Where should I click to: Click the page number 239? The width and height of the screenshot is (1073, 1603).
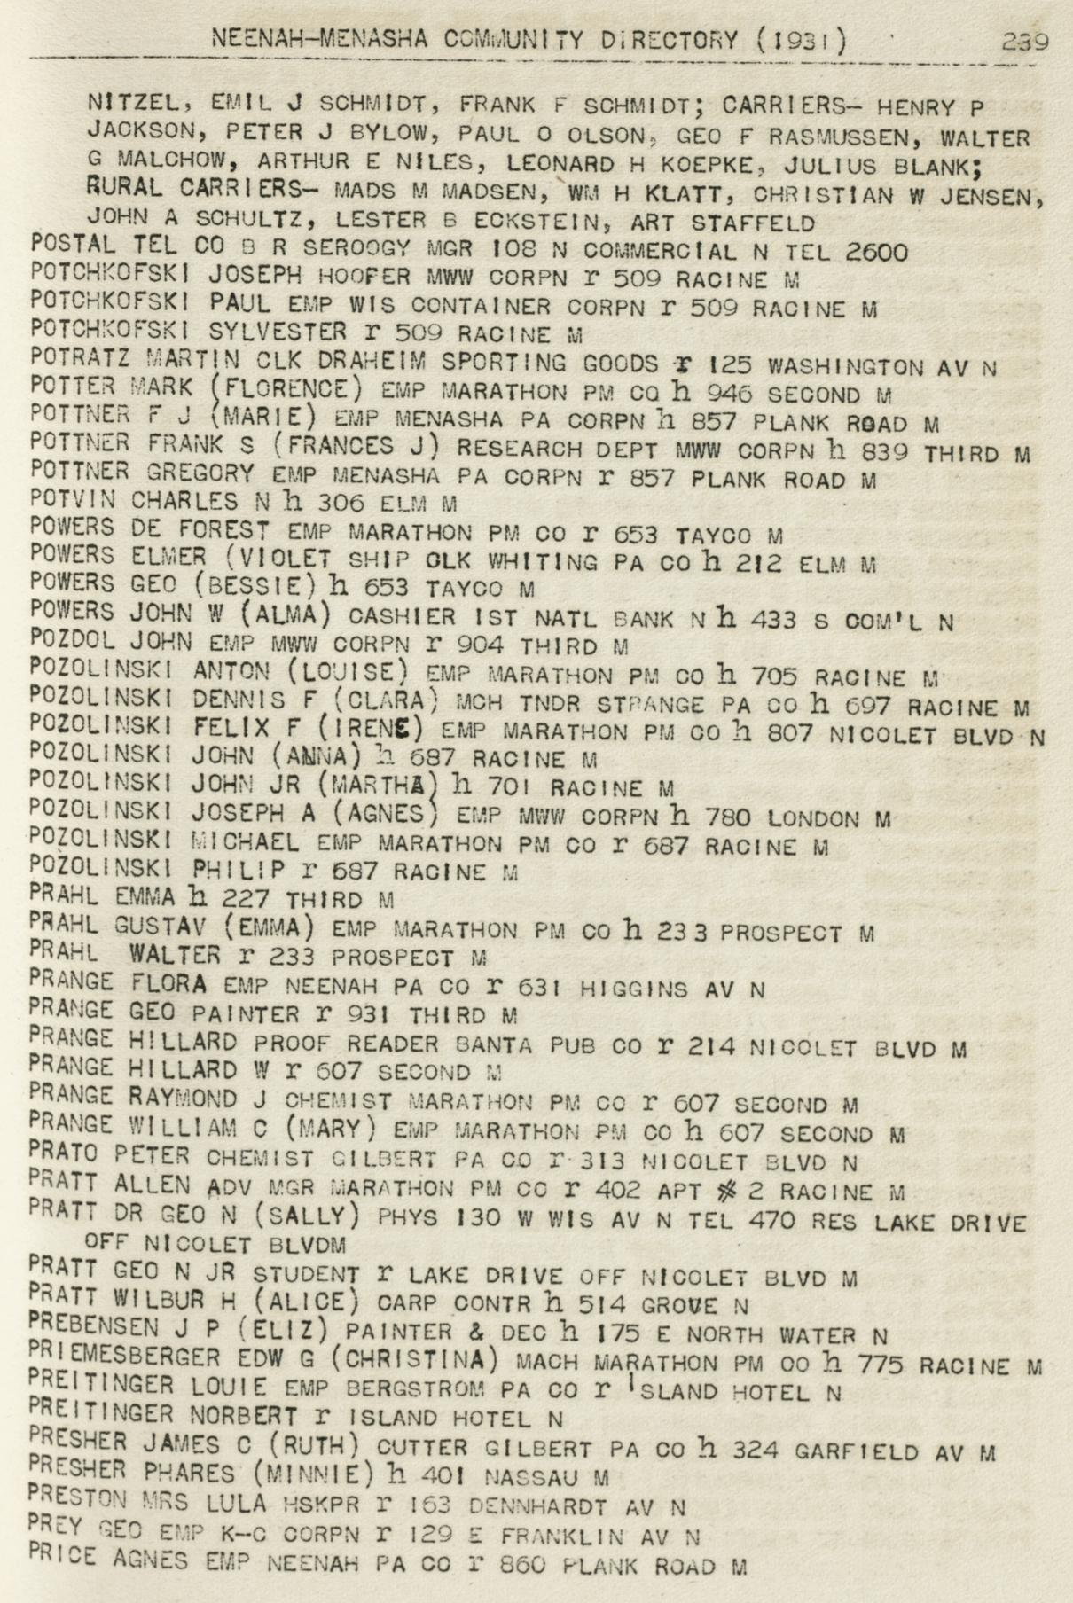click(1025, 41)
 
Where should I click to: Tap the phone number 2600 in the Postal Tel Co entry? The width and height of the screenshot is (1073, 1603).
click(876, 252)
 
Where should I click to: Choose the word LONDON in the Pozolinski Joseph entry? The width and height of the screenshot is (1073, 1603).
click(813, 818)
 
